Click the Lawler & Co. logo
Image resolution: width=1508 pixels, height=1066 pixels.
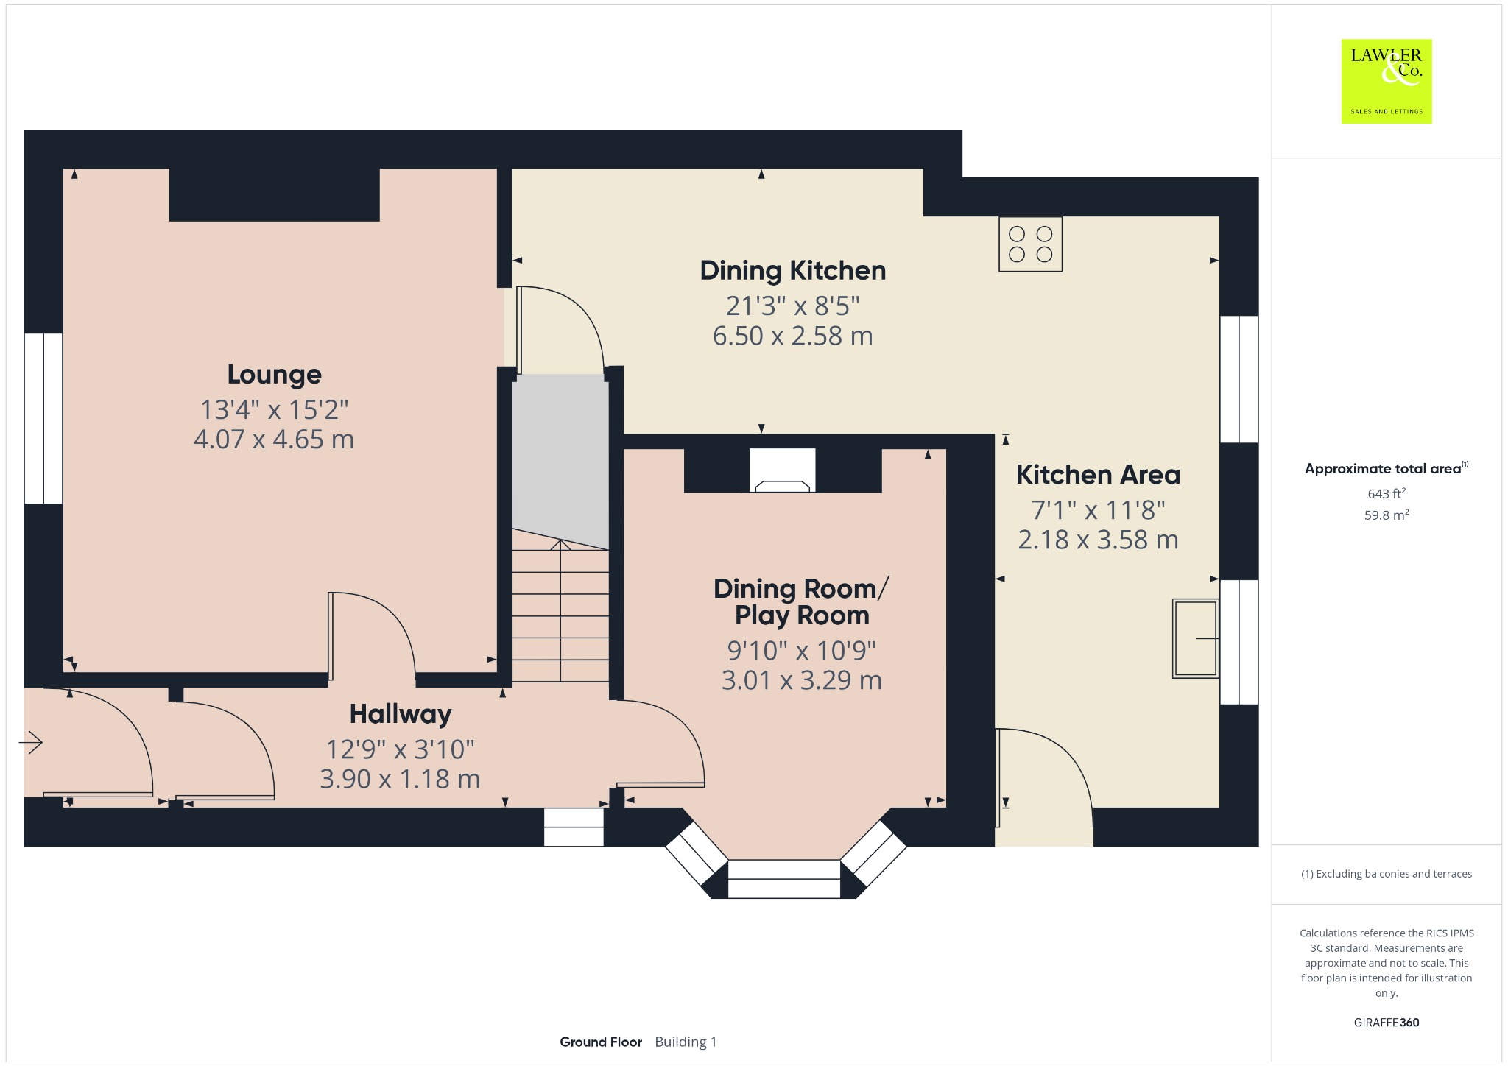[x=1387, y=81]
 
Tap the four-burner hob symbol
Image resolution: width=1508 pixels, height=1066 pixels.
[x=1030, y=244]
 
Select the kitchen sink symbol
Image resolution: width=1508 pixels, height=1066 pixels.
[x=1196, y=638]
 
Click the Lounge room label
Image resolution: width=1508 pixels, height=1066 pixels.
[x=274, y=375]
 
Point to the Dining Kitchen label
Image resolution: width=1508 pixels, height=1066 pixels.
[x=793, y=271]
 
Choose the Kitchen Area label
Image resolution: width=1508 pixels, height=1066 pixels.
[x=1098, y=475]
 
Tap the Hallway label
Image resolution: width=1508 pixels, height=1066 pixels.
[x=401, y=714]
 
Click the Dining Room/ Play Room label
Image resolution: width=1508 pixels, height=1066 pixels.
[x=802, y=602]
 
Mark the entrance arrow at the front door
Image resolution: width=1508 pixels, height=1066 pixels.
[x=31, y=742]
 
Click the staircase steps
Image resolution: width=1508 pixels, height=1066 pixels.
[x=560, y=611]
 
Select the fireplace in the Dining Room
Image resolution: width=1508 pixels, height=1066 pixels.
[x=783, y=470]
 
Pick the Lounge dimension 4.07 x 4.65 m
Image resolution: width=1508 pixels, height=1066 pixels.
[x=274, y=440]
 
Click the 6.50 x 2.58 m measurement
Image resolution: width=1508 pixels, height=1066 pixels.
[x=793, y=336]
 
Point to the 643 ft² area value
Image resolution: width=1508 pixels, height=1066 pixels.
[x=1387, y=493]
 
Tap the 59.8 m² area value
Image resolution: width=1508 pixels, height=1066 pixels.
[x=1387, y=515]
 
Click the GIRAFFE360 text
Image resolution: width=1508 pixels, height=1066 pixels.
[x=1387, y=1022]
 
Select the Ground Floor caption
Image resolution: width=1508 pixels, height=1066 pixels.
[x=601, y=1042]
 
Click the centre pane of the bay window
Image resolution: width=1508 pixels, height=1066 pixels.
[x=783, y=879]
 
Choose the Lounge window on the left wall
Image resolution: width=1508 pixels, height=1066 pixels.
[x=43, y=419]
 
